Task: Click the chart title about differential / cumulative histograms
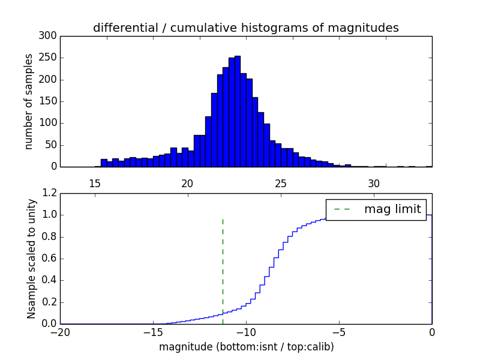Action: click(245, 28)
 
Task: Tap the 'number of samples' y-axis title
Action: click(29, 101)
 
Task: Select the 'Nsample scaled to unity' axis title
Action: click(31, 258)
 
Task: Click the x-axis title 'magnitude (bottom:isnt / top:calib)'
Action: click(246, 347)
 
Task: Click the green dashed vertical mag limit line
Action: click(223, 264)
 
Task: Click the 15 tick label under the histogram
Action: click(95, 184)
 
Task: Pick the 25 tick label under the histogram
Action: click(281, 184)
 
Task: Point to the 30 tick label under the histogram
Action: click(374, 184)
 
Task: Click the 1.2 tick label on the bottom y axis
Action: click(49, 193)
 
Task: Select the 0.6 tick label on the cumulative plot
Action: click(49, 259)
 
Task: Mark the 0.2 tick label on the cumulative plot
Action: click(49, 302)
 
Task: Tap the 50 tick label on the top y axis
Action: click(51, 145)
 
